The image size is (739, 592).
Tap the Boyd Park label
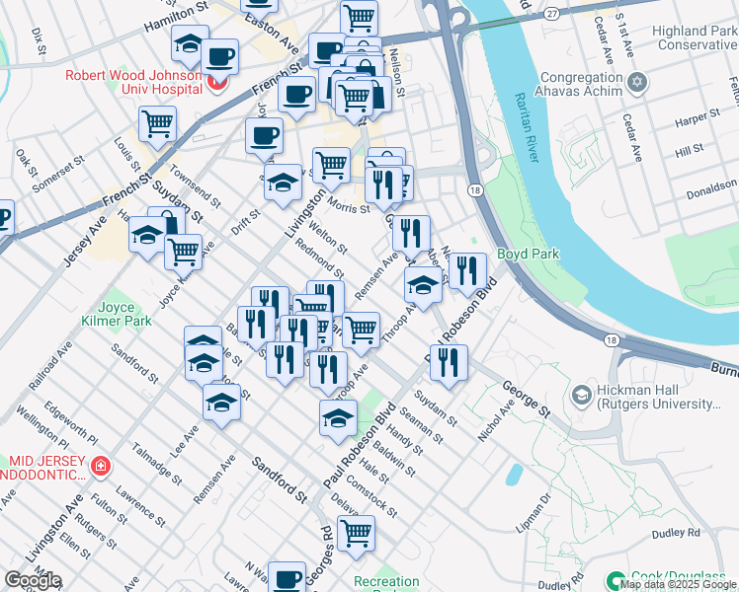(528, 254)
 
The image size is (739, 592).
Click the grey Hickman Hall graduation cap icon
(582, 396)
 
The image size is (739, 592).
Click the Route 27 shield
(552, 12)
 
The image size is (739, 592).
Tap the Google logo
(33, 580)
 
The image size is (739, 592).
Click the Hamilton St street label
(179, 17)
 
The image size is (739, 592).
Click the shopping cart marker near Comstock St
(356, 532)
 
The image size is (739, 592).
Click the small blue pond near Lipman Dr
(512, 475)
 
